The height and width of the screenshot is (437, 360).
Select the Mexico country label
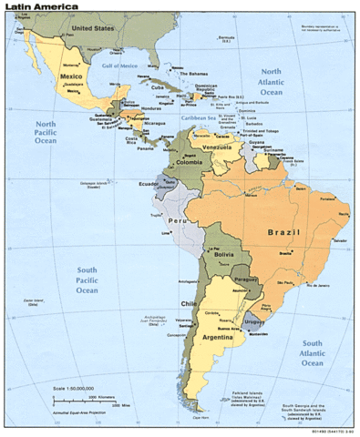point(72,77)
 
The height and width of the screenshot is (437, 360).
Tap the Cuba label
point(156,86)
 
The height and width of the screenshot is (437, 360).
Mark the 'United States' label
point(95,28)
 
